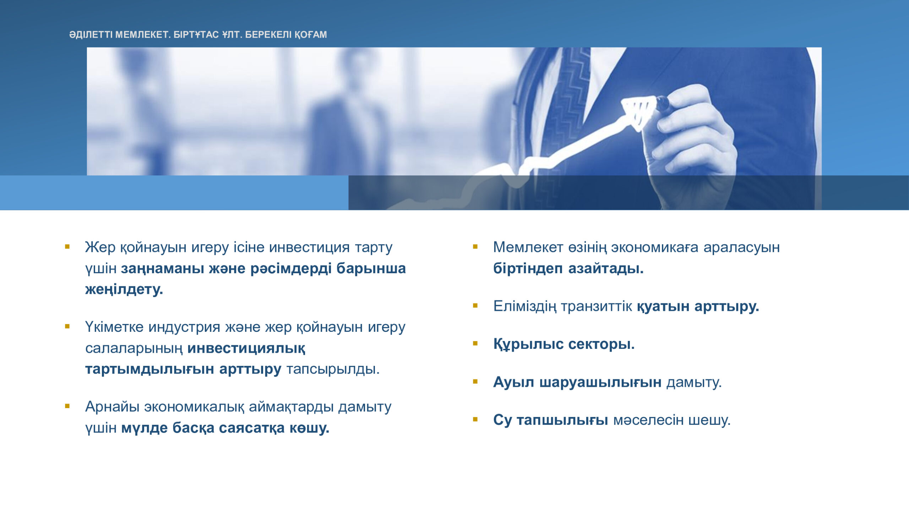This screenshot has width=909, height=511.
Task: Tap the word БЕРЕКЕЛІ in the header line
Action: (x=268, y=34)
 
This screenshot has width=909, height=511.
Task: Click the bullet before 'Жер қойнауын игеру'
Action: (x=67, y=246)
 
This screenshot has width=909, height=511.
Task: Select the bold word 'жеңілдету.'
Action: (x=124, y=289)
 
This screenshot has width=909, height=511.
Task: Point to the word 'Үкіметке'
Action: (x=114, y=327)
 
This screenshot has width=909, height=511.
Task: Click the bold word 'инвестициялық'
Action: (x=246, y=348)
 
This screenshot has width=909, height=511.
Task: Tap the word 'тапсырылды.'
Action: (x=333, y=369)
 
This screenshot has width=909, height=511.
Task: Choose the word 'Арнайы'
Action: (x=112, y=407)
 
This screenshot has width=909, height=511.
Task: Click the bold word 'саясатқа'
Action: (x=252, y=428)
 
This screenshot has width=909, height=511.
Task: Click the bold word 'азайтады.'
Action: (x=606, y=268)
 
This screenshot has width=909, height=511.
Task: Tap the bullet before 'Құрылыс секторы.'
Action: (x=475, y=343)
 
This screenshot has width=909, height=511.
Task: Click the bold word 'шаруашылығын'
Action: (x=600, y=382)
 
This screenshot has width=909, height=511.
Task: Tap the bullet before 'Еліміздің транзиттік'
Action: (x=475, y=306)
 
